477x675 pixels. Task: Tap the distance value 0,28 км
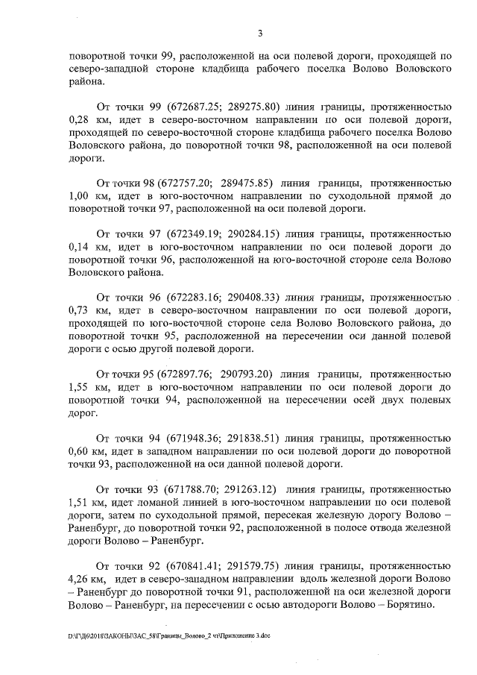(x=88, y=120)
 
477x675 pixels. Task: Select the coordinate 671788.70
(x=173, y=491)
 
